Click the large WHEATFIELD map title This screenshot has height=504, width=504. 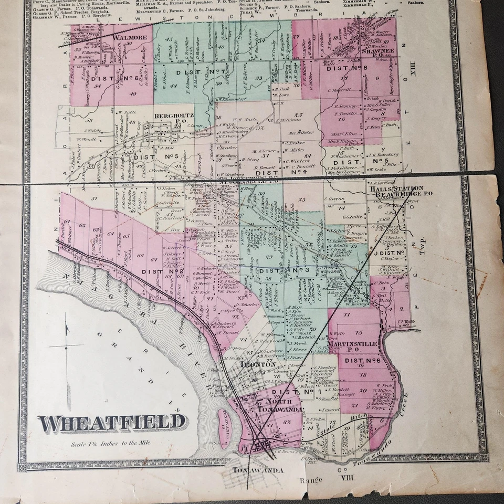click(x=112, y=422)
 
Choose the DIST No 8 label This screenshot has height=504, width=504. click(x=345, y=68)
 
